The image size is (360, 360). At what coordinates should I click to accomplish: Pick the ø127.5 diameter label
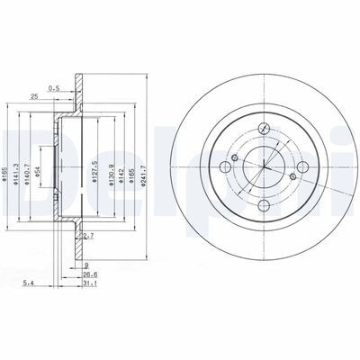click(94, 168)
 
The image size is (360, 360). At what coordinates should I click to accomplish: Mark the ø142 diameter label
click(120, 168)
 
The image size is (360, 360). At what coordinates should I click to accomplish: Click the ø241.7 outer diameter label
click(146, 168)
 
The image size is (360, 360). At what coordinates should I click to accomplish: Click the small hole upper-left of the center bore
click(233, 158)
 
